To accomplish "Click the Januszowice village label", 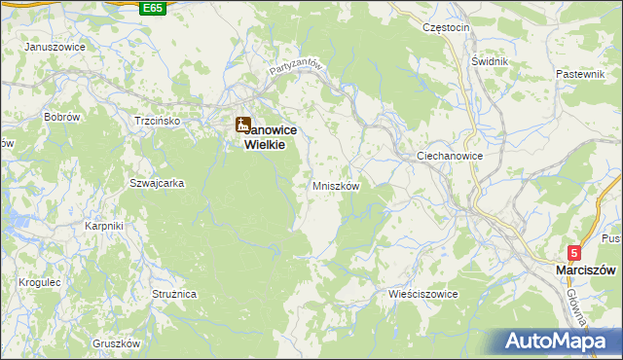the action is click(55, 47).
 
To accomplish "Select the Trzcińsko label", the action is click(157, 121).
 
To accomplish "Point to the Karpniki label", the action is click(103, 226).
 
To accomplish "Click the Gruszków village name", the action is click(117, 343).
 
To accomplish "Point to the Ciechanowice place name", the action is click(450, 156).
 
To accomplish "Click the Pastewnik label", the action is click(581, 74).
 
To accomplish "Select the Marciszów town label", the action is click(587, 270).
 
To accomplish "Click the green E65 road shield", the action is click(152, 8).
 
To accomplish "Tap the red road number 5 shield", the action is click(574, 253).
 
